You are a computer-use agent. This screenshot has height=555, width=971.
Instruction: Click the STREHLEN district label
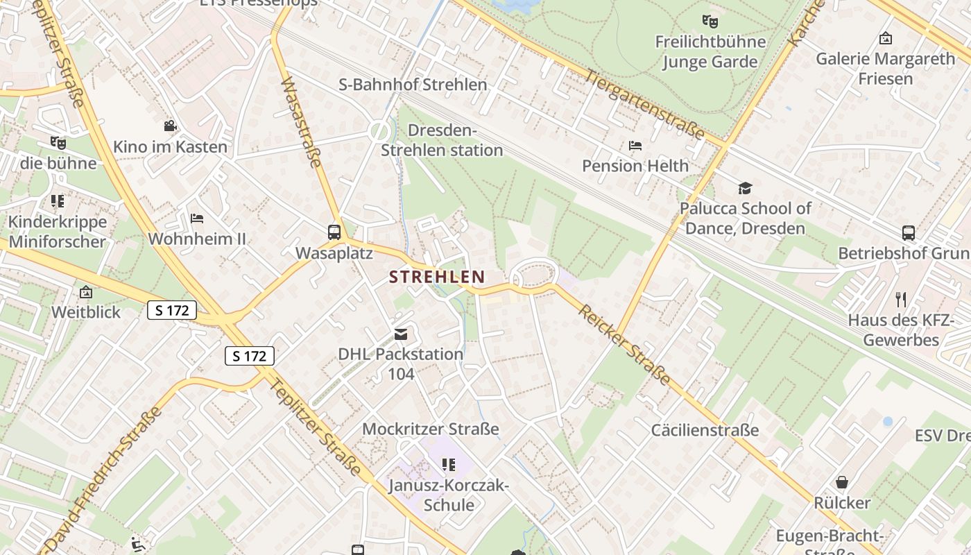pyautogui.click(x=437, y=277)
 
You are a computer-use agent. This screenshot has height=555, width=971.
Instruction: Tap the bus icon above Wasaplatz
pyautogui.click(x=334, y=232)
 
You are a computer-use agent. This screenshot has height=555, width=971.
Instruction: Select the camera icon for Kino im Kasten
pyautogui.click(x=170, y=126)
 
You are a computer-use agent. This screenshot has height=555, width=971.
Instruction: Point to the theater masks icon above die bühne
pyautogui.click(x=58, y=143)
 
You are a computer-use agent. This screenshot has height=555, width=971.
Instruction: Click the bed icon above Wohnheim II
pyautogui.click(x=197, y=219)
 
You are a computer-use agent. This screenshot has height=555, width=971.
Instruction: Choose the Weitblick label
pyautogui.click(x=86, y=312)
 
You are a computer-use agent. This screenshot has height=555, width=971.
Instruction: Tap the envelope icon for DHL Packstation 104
pyautogui.click(x=400, y=334)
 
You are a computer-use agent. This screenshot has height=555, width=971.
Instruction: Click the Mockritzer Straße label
pyautogui.click(x=431, y=429)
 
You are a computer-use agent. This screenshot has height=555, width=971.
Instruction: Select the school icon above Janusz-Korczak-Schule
pyautogui.click(x=449, y=464)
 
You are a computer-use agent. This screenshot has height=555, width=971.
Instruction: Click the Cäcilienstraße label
pyautogui.click(x=705, y=430)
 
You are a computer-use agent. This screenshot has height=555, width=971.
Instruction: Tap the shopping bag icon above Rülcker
pyautogui.click(x=842, y=482)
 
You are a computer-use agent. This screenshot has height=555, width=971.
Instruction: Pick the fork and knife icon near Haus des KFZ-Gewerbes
pyautogui.click(x=901, y=300)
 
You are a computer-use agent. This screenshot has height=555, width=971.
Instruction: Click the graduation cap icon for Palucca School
pyautogui.click(x=745, y=188)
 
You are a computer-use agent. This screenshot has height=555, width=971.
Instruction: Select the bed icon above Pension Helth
pyautogui.click(x=635, y=146)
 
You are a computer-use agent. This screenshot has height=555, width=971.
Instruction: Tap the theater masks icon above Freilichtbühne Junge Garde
pyautogui.click(x=709, y=22)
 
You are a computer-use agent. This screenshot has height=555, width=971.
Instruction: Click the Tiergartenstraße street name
pyautogui.click(x=645, y=104)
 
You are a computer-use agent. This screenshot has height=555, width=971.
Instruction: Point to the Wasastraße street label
pyautogui.click(x=302, y=122)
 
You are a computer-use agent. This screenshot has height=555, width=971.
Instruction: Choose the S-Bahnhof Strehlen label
pyautogui.click(x=413, y=85)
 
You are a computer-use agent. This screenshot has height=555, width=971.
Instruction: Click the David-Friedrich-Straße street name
pyautogui.click(x=103, y=479)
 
